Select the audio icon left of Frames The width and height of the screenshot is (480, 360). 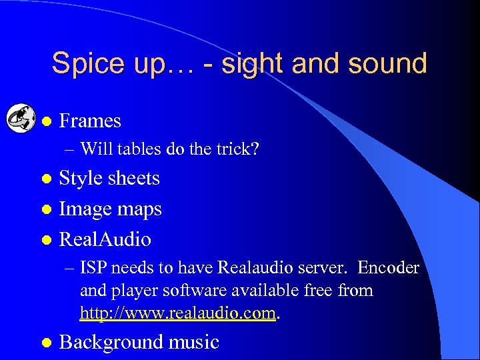point(21,120)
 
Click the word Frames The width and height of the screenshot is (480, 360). point(90,121)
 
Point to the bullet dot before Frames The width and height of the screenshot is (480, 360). point(46,121)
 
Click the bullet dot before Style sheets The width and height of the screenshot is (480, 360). point(46,179)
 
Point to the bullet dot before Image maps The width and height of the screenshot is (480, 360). point(46,209)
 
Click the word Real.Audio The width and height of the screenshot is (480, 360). point(105,239)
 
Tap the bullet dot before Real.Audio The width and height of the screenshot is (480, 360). point(46,240)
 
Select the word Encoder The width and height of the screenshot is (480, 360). point(388,268)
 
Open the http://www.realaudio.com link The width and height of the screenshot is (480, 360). point(178,312)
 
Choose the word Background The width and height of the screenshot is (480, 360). point(105,342)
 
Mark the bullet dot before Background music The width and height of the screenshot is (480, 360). point(46,343)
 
